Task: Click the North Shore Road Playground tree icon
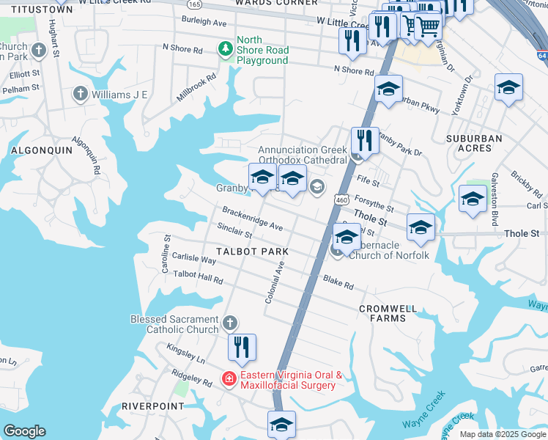click(x=226, y=48)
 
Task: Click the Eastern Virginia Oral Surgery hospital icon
click(x=229, y=379)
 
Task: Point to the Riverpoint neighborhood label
click(x=153, y=406)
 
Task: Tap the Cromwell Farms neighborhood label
click(x=388, y=313)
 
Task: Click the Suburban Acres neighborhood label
click(x=474, y=143)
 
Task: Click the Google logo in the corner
click(x=24, y=431)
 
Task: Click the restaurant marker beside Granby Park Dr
click(x=364, y=139)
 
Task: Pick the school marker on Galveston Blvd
click(x=473, y=199)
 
